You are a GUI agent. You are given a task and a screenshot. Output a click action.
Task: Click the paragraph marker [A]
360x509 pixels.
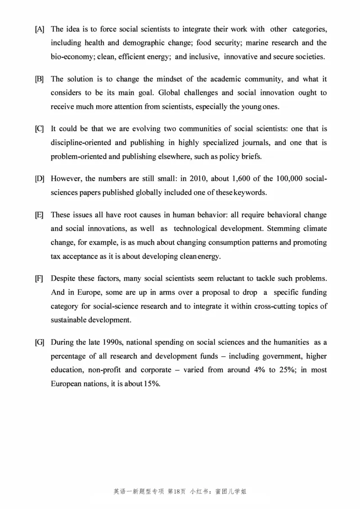pyautogui.click(x=40, y=30)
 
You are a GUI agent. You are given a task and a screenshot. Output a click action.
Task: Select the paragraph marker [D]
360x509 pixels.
pyautogui.click(x=40, y=179)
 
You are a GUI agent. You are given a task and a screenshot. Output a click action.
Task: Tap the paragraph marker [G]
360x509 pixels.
pyautogui.click(x=40, y=343)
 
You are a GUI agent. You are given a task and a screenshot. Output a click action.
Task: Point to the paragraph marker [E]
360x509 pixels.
pyautogui.click(x=40, y=215)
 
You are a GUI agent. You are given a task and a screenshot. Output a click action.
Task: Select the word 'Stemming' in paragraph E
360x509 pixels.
pyautogui.click(x=283, y=228)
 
